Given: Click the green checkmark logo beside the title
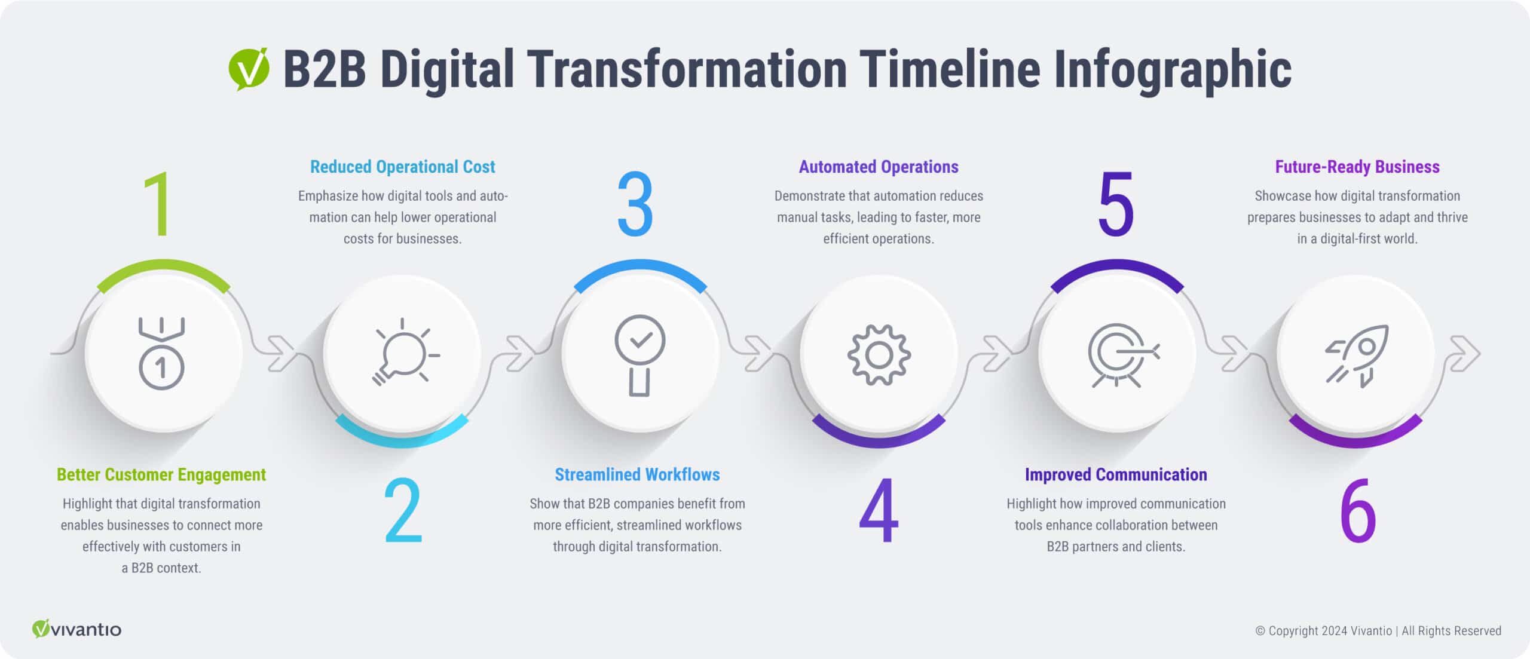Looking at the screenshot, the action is (x=249, y=69).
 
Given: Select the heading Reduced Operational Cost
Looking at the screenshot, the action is (x=402, y=167).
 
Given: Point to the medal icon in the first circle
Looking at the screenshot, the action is (x=161, y=353).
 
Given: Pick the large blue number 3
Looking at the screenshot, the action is (x=635, y=204).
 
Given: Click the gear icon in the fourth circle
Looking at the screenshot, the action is (x=879, y=355).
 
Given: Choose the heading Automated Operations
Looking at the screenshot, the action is (x=879, y=167).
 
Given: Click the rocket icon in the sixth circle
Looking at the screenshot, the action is (x=1357, y=356).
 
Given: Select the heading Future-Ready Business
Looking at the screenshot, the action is (x=1357, y=167).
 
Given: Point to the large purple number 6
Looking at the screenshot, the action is (x=1357, y=511).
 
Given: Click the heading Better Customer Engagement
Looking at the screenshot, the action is (x=161, y=474).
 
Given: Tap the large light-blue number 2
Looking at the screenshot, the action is (x=403, y=511).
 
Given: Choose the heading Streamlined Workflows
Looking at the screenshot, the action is (x=637, y=474).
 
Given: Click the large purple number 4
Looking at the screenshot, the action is (x=879, y=511).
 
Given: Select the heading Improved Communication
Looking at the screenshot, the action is (x=1116, y=474).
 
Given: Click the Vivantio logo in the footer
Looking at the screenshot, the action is (x=76, y=629).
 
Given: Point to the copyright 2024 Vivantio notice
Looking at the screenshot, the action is (x=1378, y=631).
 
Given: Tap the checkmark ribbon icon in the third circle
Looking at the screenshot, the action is (x=640, y=355).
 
